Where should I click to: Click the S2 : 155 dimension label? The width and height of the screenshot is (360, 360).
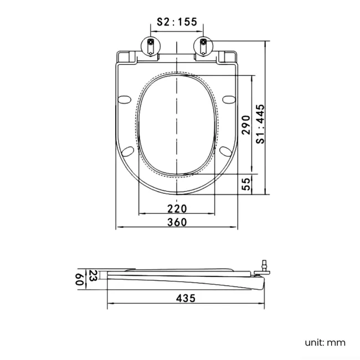(x=177, y=22)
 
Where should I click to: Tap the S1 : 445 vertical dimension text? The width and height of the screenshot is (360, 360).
(x=260, y=125)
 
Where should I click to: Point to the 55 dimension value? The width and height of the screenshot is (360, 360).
(x=246, y=184)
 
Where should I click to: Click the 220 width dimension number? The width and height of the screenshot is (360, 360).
(x=177, y=208)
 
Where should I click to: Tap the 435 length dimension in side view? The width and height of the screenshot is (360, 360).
(x=186, y=298)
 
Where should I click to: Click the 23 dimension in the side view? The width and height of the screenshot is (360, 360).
(x=93, y=275)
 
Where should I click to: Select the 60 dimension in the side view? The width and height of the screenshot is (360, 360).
(x=79, y=279)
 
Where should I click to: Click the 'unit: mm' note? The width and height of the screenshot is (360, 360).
(x=325, y=342)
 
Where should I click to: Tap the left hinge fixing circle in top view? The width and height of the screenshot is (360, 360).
(x=150, y=43)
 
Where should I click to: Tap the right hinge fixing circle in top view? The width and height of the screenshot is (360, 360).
(x=203, y=43)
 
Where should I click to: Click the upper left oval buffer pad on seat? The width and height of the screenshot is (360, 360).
(x=125, y=99)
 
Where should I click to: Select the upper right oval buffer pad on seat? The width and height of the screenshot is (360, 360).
(x=228, y=99)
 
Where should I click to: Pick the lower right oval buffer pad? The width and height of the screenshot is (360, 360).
(x=225, y=151)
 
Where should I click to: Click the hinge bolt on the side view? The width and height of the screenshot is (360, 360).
(x=265, y=267)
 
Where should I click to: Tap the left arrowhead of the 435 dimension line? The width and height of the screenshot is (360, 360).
(x=109, y=304)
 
